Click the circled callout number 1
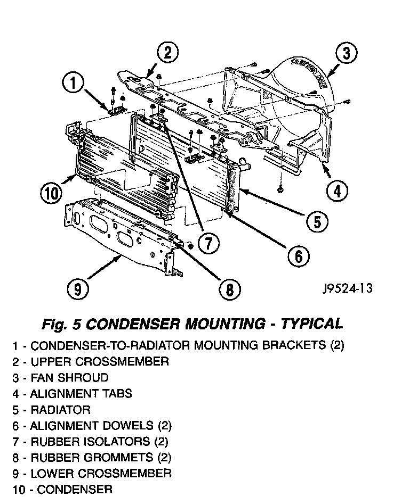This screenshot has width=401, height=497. tap(74, 84)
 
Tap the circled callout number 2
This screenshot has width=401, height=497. tap(167, 52)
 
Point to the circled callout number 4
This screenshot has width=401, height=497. tap(337, 190)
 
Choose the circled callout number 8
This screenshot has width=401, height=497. tap(229, 289)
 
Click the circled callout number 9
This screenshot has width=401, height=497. tap(78, 289)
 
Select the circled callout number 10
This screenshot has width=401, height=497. tap(52, 192)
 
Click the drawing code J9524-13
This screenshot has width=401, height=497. tap(347, 288)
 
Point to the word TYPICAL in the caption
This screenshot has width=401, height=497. tap(311, 324)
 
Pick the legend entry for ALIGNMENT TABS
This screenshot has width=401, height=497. tap(73, 394)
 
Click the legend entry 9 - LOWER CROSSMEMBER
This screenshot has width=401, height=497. tap(92, 473)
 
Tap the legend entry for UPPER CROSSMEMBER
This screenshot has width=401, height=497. tap(91, 362)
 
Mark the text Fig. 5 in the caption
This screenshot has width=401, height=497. tap(62, 324)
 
